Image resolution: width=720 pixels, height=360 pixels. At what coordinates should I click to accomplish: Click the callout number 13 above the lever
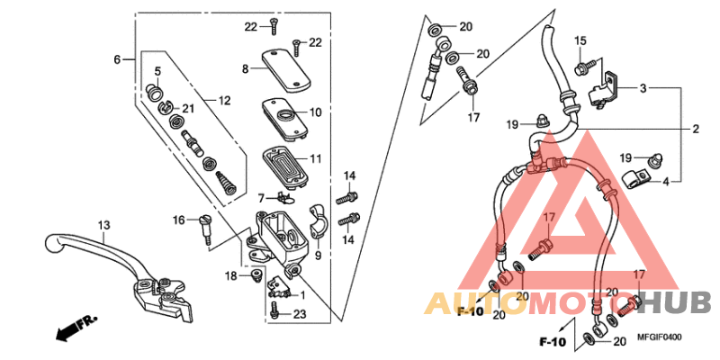point(103,225)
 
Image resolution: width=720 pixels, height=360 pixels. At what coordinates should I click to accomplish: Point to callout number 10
point(316,112)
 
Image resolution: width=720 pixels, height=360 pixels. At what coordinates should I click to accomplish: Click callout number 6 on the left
point(117,59)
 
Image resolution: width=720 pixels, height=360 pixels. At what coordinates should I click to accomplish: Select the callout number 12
point(224,100)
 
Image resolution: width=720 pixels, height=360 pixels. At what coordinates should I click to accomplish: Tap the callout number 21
point(188,109)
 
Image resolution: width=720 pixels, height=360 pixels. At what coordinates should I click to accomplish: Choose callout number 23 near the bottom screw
point(300,313)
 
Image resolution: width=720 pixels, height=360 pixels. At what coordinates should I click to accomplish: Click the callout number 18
point(231,275)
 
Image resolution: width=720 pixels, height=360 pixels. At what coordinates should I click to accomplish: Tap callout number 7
point(261,197)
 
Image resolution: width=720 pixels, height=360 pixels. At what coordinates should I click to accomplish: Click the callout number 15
point(580,40)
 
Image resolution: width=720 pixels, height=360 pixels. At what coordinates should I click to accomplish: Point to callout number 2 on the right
point(696,130)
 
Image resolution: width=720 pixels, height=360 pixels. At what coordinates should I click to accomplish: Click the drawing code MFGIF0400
point(661,337)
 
